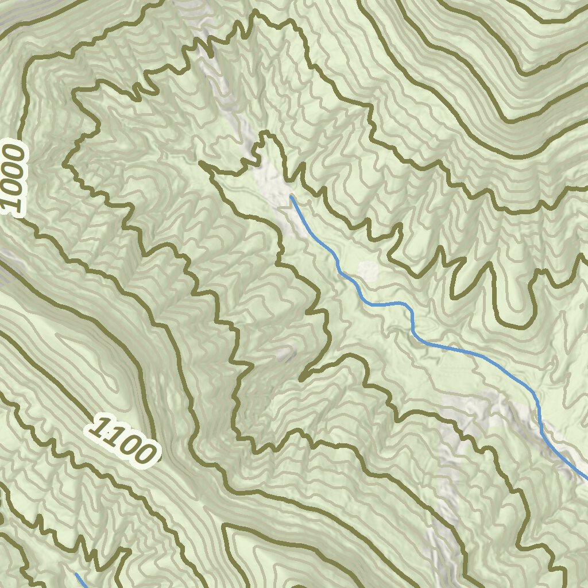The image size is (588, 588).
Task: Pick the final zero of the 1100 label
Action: [x=143, y=454]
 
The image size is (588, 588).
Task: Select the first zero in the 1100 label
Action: [x=127, y=443]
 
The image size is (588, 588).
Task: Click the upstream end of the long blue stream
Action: [x=292, y=197]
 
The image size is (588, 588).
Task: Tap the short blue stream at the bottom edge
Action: [x=81, y=580]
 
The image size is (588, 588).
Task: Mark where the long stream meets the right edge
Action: [x=586, y=478]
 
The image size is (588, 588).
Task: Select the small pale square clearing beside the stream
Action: [x=367, y=269]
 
